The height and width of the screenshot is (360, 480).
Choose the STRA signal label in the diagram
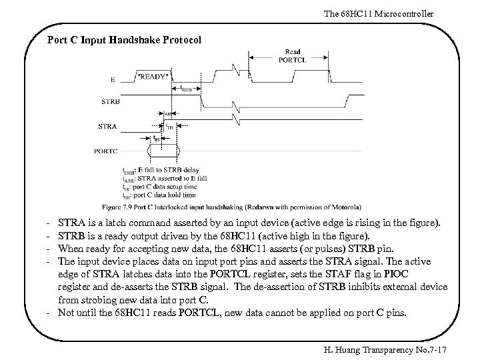[107, 126]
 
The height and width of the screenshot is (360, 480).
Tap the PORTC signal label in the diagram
[105, 151]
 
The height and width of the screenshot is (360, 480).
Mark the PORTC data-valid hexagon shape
[164, 151]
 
